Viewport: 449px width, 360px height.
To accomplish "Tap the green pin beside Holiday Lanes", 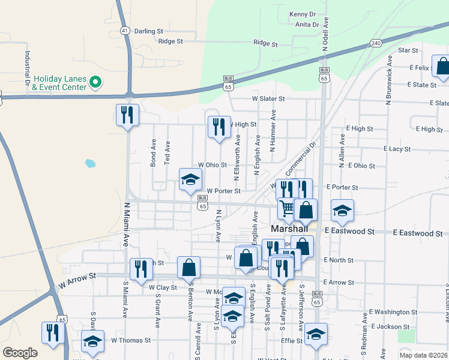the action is click(x=95, y=82).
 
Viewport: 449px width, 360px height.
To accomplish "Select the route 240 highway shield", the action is click(x=376, y=43).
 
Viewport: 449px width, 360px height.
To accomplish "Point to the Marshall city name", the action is click(x=289, y=229).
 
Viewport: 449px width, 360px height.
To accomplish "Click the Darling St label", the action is click(x=148, y=31).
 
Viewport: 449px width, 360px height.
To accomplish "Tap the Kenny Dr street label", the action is click(x=302, y=14).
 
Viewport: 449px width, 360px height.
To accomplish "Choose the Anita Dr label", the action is click(x=306, y=25).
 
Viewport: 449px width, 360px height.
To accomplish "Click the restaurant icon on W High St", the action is click(x=219, y=127).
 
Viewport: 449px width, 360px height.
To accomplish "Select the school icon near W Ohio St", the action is click(x=190, y=179).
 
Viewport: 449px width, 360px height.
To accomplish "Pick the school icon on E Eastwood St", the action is click(x=342, y=210).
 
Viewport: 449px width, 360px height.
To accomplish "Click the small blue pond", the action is click(x=90, y=163).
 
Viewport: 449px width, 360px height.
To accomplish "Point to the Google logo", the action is click(x=20, y=353).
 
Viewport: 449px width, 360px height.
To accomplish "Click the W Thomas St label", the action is click(x=130, y=340).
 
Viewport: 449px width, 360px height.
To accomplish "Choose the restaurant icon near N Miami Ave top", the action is click(x=127, y=115).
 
